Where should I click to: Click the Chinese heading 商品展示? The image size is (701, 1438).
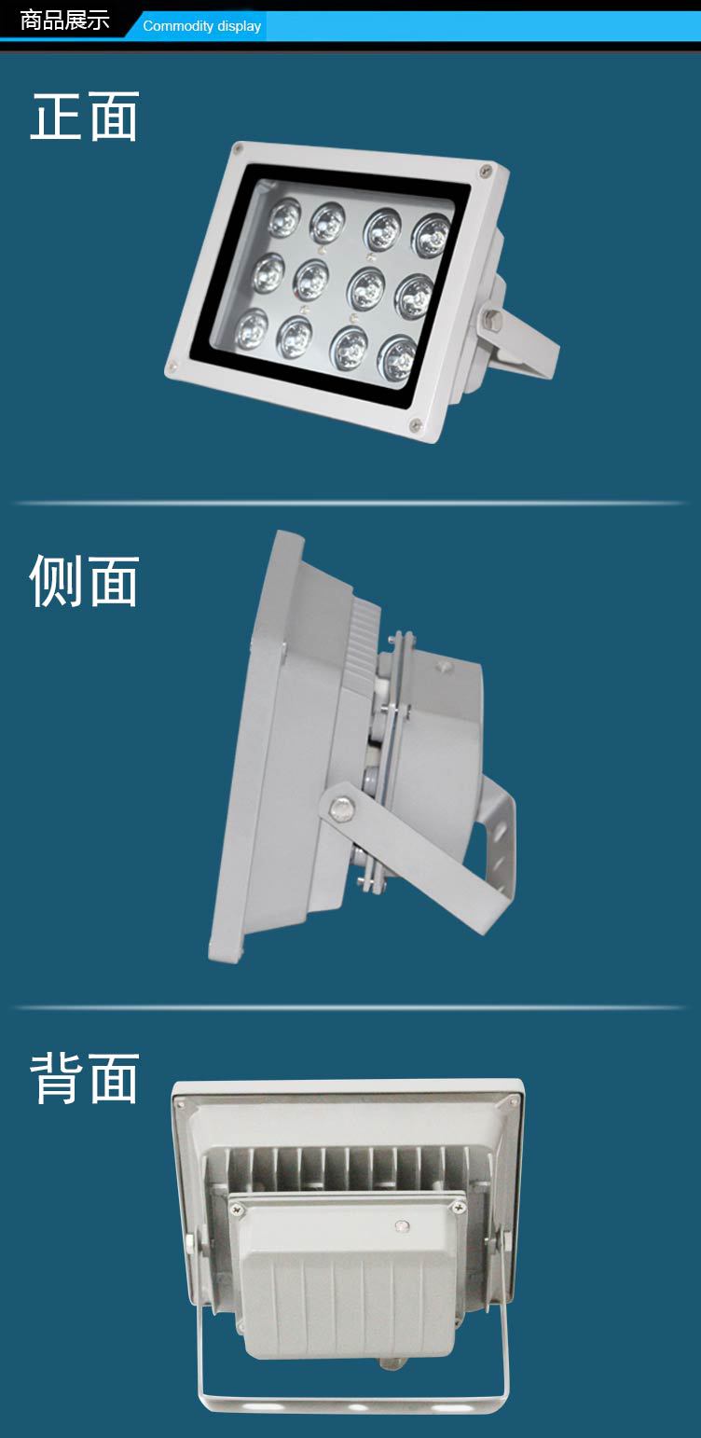[x=65, y=20]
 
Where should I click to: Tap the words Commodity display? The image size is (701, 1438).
[x=201, y=26]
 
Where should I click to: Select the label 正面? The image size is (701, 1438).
[x=84, y=117]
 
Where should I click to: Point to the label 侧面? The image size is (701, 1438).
[x=84, y=580]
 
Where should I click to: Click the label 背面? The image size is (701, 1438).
[x=84, y=1078]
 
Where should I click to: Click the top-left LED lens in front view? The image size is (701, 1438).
[x=283, y=216]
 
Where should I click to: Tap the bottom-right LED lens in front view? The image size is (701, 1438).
[x=397, y=357]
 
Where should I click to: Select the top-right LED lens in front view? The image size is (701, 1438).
[x=432, y=236]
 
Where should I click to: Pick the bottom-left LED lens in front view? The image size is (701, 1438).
[x=251, y=328]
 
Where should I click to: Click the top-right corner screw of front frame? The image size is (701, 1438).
[x=485, y=170]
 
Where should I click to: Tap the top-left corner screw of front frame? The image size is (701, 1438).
[x=238, y=149]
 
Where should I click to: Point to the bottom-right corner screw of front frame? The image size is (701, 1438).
[x=416, y=424]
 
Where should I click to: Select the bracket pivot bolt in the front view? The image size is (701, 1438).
[x=492, y=318]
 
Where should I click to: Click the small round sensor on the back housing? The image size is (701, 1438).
[x=400, y=1226]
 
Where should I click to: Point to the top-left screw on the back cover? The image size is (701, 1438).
[x=237, y=1210]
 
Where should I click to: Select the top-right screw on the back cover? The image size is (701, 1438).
[x=459, y=1209]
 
